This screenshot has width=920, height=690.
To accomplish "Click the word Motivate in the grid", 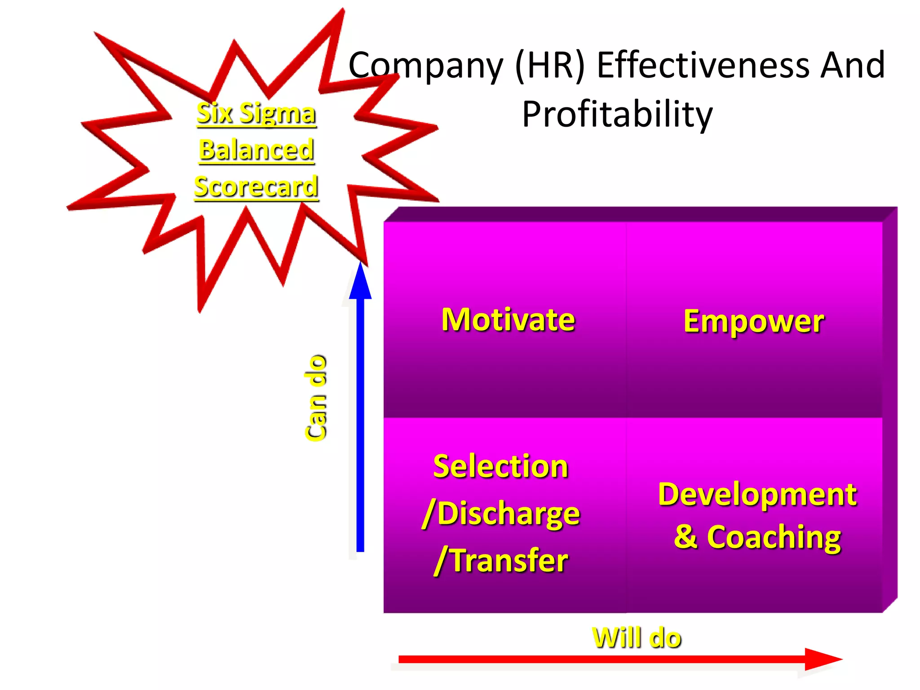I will click(508, 320).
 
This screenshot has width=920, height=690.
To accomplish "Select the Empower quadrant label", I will click(754, 322).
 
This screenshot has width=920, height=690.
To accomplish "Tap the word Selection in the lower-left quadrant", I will click(500, 466).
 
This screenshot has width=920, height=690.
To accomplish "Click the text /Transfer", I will click(501, 561).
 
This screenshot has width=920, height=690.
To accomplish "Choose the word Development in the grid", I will click(757, 494).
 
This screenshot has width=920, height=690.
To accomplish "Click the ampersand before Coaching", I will click(686, 537).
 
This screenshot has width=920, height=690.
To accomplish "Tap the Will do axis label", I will click(637, 638).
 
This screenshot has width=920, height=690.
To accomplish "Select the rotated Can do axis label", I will click(316, 398).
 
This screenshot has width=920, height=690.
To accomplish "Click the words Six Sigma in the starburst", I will click(256, 113).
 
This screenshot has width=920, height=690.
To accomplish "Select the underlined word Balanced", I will click(256, 150).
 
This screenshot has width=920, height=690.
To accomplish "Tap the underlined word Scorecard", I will click(256, 187).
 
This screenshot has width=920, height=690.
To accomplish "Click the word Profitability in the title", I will click(617, 114).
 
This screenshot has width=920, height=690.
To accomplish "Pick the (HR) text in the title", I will click(550, 66).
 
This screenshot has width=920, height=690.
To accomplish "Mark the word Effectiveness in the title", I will click(703, 66).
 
